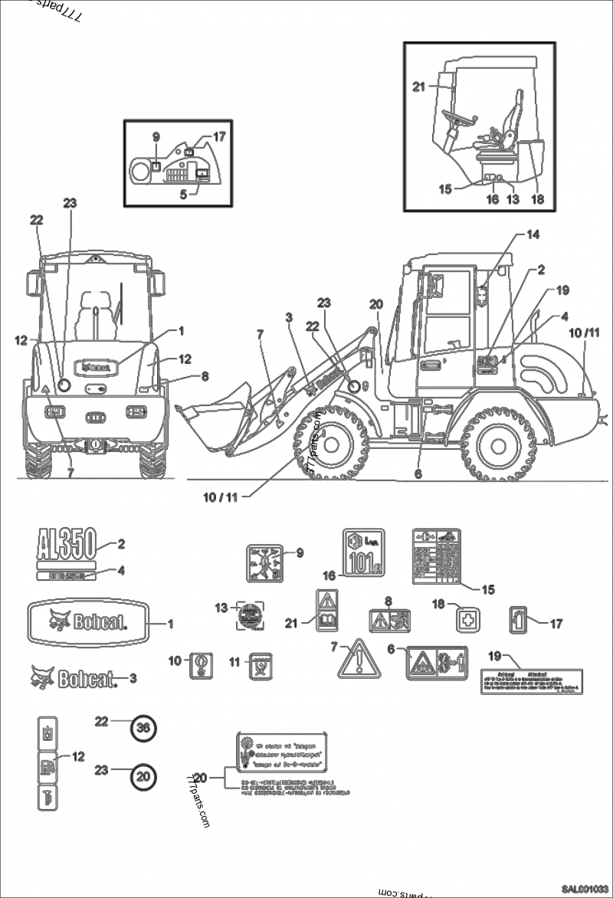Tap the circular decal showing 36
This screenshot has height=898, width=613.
click(143, 729)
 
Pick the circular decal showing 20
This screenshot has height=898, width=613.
click(143, 775)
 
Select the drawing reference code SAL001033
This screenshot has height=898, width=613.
click(585, 889)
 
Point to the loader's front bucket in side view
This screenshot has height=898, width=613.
click(216, 414)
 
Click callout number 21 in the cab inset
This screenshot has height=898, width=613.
click(418, 87)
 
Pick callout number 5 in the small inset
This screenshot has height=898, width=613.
click(184, 194)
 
